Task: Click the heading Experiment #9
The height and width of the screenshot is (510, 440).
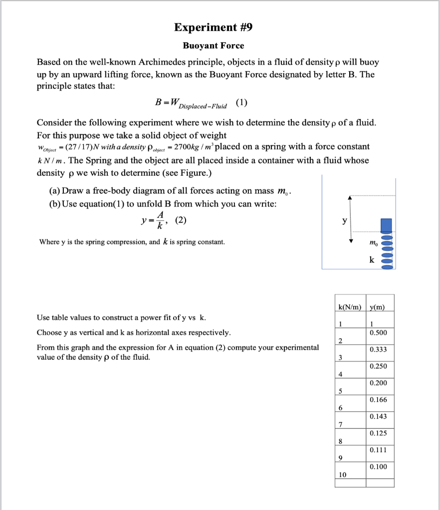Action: (x=213, y=27)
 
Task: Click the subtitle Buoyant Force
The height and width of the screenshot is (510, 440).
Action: (x=213, y=46)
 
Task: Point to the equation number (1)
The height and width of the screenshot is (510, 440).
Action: (x=241, y=104)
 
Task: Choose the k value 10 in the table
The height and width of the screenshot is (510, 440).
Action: (x=342, y=475)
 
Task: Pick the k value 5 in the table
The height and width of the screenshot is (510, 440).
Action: (x=340, y=391)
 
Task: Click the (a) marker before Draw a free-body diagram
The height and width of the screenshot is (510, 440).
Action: (x=54, y=191)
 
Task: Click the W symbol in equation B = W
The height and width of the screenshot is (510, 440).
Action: (x=174, y=102)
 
